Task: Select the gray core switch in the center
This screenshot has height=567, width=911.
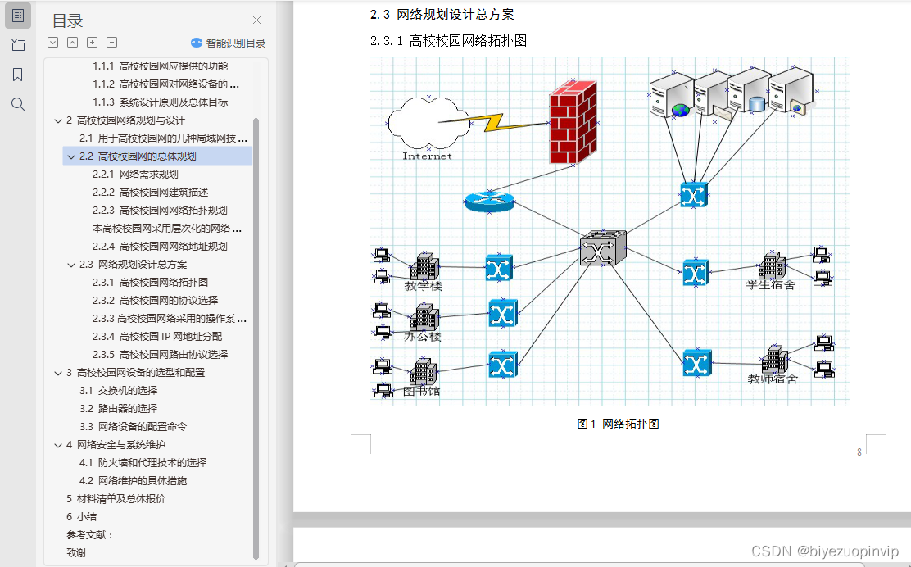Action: [x=603, y=247]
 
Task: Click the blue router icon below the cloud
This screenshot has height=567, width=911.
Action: [x=488, y=201]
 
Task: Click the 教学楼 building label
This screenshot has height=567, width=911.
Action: [x=424, y=286]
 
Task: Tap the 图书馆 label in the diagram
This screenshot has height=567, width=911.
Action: [x=423, y=391]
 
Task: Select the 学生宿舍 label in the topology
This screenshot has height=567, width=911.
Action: [x=770, y=284]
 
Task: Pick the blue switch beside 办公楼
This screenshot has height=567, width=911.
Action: [x=502, y=313]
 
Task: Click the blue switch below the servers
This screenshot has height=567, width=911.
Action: [x=693, y=195]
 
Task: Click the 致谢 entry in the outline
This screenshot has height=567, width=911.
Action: [x=76, y=552]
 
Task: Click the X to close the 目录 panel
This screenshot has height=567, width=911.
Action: [x=256, y=20]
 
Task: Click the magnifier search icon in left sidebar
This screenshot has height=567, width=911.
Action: [x=18, y=104]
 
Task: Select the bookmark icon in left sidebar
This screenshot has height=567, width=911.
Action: [x=18, y=75]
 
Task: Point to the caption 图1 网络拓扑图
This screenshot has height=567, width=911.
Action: [x=619, y=424]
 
